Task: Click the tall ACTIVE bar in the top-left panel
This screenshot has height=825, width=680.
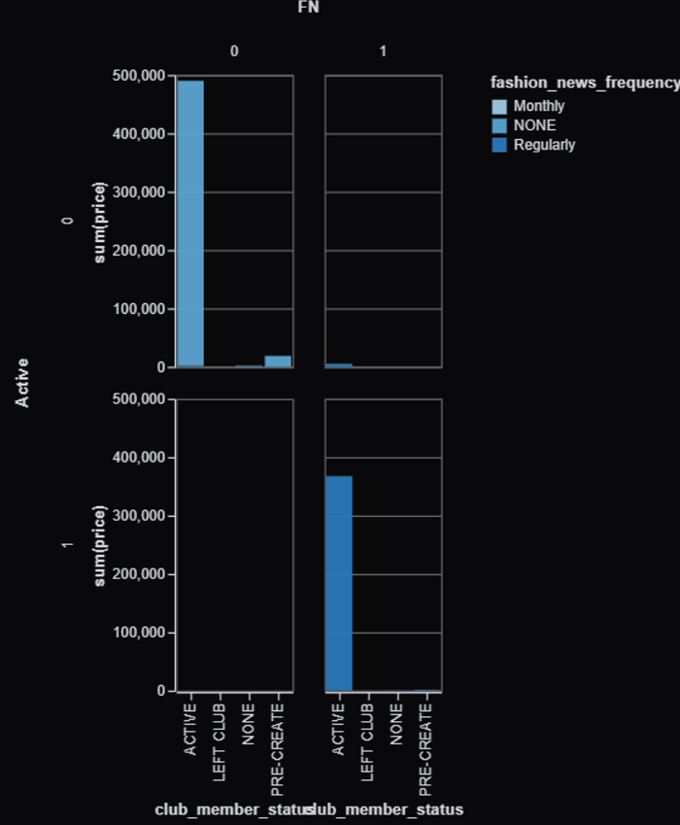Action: (190, 223)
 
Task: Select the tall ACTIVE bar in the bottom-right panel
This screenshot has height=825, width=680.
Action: (339, 583)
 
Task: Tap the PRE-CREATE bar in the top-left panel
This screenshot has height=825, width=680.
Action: (278, 361)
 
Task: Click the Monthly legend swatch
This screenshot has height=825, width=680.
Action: (498, 107)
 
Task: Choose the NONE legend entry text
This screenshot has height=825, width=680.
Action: (534, 125)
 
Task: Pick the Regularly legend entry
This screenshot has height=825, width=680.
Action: (544, 145)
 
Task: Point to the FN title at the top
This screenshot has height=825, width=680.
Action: (309, 8)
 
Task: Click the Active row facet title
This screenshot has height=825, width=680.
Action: (22, 383)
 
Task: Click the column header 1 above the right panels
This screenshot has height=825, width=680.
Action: (383, 51)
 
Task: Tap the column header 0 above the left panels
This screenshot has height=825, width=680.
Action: (234, 51)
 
